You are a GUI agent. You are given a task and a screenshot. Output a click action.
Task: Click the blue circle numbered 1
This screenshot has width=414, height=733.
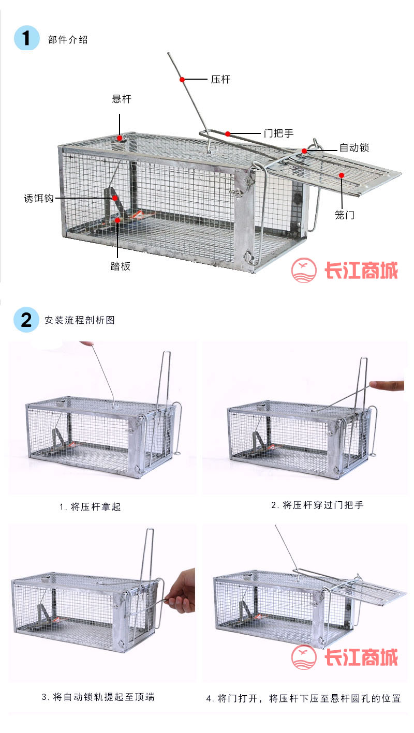(26, 38)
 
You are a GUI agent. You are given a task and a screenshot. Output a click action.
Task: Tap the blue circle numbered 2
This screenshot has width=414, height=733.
(26, 320)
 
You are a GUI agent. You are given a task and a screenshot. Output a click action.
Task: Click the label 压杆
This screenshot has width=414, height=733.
(220, 79)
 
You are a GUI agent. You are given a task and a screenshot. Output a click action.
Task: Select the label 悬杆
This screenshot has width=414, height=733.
(122, 99)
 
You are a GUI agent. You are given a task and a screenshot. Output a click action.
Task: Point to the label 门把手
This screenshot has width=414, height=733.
(279, 133)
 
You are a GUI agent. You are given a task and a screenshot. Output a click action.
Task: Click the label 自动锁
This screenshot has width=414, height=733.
(354, 147)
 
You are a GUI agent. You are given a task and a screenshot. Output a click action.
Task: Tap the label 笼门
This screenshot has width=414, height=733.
(344, 215)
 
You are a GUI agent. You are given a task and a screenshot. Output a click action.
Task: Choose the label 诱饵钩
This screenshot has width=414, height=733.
(39, 198)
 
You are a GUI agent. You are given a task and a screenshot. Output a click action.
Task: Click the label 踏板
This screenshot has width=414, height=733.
(121, 266)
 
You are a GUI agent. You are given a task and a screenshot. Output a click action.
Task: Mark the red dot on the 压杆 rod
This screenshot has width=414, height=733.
(182, 79)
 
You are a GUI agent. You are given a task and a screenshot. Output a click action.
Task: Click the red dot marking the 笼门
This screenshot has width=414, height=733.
(342, 175)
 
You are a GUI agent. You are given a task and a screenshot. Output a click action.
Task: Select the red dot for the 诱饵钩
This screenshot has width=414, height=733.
(115, 198)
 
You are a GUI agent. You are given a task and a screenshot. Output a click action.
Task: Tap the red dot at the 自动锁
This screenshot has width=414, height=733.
(304, 151)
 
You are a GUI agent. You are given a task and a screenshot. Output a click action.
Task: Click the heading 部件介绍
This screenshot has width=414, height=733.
(68, 40)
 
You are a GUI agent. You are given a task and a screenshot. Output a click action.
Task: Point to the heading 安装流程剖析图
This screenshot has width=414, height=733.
(80, 320)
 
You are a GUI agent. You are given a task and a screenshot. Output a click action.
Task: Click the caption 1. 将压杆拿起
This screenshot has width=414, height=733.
(90, 507)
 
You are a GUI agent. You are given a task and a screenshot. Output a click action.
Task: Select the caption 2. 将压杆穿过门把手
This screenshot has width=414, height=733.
(317, 505)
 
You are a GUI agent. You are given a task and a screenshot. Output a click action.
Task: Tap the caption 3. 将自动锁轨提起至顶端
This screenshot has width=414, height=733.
(98, 697)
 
